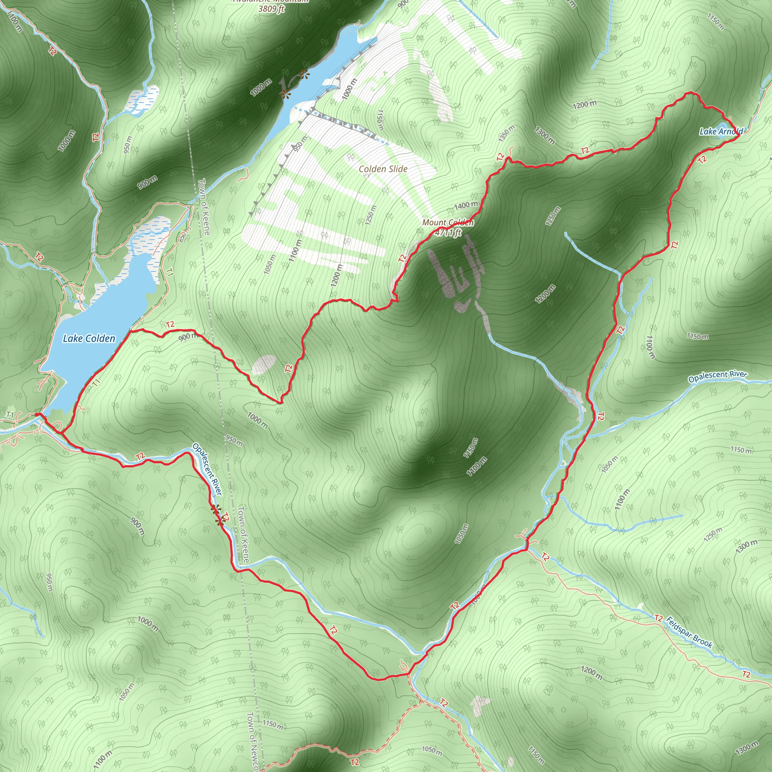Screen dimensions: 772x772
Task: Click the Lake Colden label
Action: click(x=89, y=339)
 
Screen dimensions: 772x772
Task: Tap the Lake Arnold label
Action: click(x=721, y=131)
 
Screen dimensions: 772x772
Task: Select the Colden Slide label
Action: click(x=383, y=169)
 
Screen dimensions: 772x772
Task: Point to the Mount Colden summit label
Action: click(x=447, y=222)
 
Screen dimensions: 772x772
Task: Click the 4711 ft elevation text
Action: click(x=448, y=232)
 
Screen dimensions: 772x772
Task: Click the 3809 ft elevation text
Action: click(x=271, y=9)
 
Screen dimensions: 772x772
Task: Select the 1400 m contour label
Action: click(x=466, y=206)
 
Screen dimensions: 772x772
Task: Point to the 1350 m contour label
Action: click(x=507, y=134)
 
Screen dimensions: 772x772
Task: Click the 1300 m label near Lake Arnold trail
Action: click(x=545, y=135)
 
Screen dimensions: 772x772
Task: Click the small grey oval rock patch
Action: click(x=264, y=365)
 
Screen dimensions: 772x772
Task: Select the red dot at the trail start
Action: click(x=37, y=415)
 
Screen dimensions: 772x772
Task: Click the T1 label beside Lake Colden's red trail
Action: click(x=96, y=382)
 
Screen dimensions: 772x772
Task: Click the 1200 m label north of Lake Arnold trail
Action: click(x=585, y=105)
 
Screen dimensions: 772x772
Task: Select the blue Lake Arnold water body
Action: click(x=724, y=136)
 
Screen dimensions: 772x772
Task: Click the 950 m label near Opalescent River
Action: click(x=234, y=440)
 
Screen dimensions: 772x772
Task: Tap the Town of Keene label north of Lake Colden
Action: click(x=204, y=207)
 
